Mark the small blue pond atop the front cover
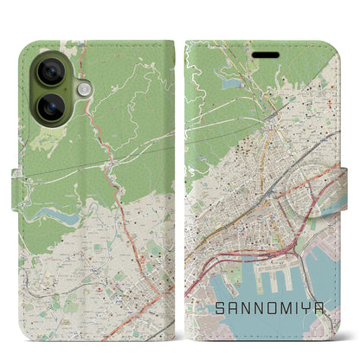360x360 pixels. (x=231, y=84)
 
